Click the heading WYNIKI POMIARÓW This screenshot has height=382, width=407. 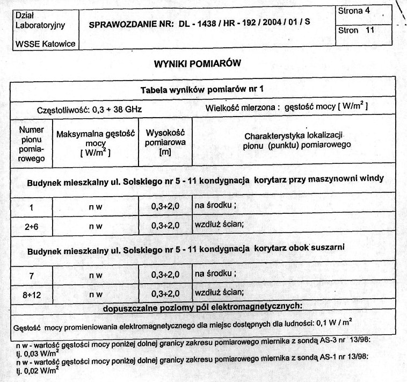pyautogui.click(x=197, y=63)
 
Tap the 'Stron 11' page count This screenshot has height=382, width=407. pyautogui.click(x=355, y=30)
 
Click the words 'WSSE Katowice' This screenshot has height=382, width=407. pyautogui.click(x=45, y=43)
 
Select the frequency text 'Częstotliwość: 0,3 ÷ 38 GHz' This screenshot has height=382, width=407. pyautogui.click(x=89, y=109)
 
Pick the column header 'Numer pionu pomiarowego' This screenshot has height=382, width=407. pyautogui.click(x=31, y=144)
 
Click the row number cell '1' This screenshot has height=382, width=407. pyautogui.click(x=31, y=207)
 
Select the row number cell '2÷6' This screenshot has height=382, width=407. pyautogui.click(x=31, y=227)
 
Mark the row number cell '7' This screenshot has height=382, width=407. pyautogui.click(x=31, y=275)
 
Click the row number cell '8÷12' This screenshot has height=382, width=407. pyautogui.click(x=31, y=294)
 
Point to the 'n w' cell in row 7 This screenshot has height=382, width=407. pyautogui.click(x=96, y=275)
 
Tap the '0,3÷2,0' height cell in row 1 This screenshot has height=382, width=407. pyautogui.click(x=165, y=207)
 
